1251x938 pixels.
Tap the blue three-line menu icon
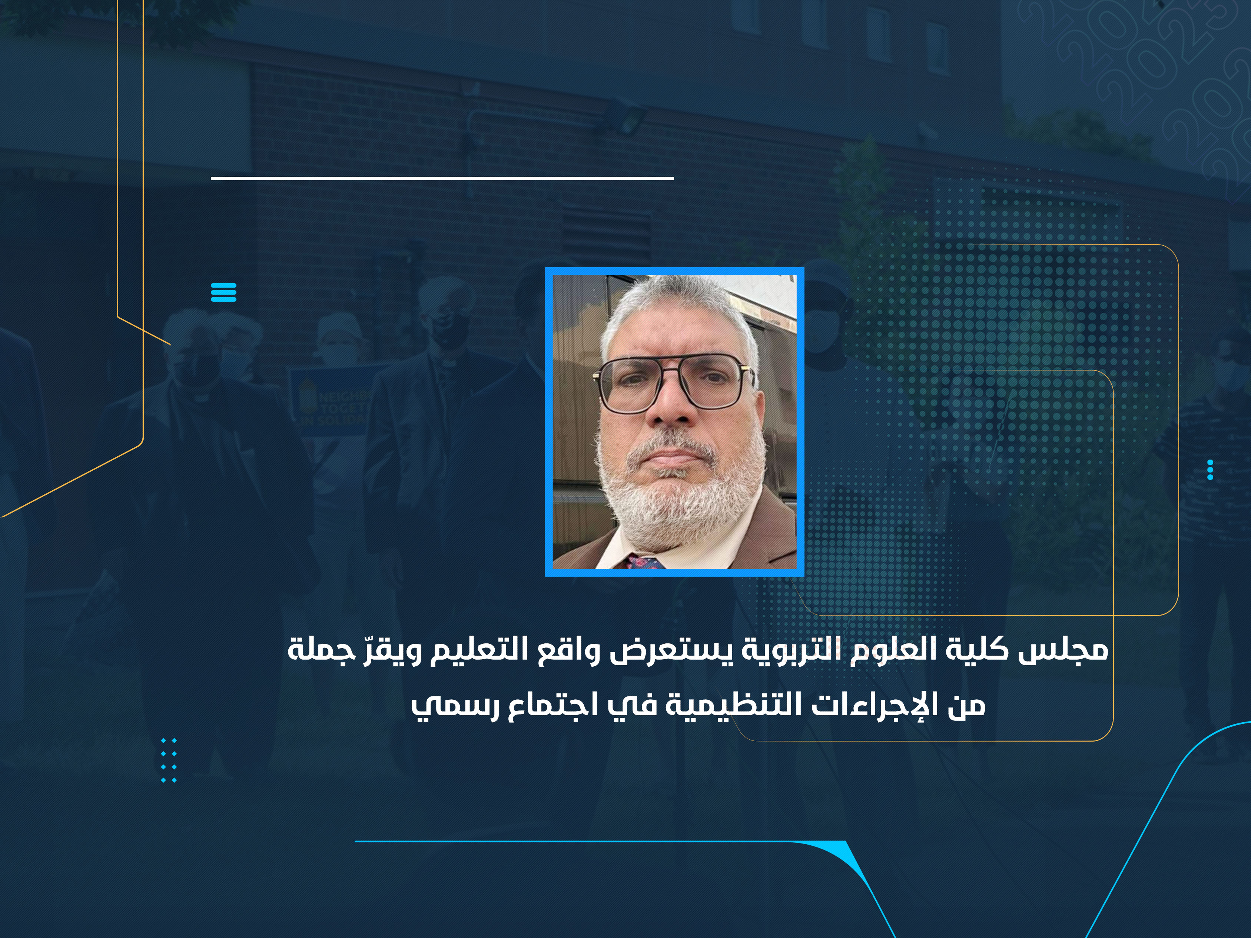(223, 292)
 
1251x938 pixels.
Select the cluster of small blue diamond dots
(169, 760)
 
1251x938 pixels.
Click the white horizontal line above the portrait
(442, 178)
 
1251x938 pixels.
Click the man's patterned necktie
(645, 562)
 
